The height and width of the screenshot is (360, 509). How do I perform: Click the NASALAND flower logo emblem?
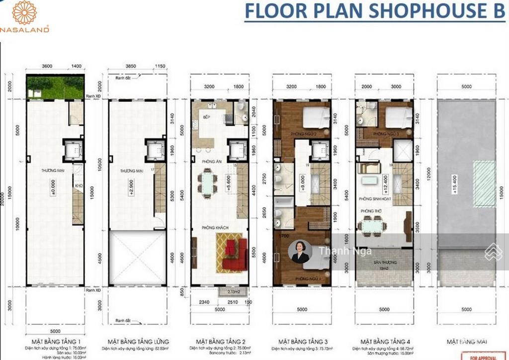click(24, 13)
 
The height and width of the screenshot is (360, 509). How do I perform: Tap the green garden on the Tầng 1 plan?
click(55, 88)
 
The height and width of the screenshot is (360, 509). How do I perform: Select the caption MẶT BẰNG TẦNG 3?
click(302, 342)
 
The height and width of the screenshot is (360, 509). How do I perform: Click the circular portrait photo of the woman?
click(300, 252)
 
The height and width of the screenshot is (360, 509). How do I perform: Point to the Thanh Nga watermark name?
click(338, 251)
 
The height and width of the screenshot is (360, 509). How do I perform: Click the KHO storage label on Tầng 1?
click(77, 187)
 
